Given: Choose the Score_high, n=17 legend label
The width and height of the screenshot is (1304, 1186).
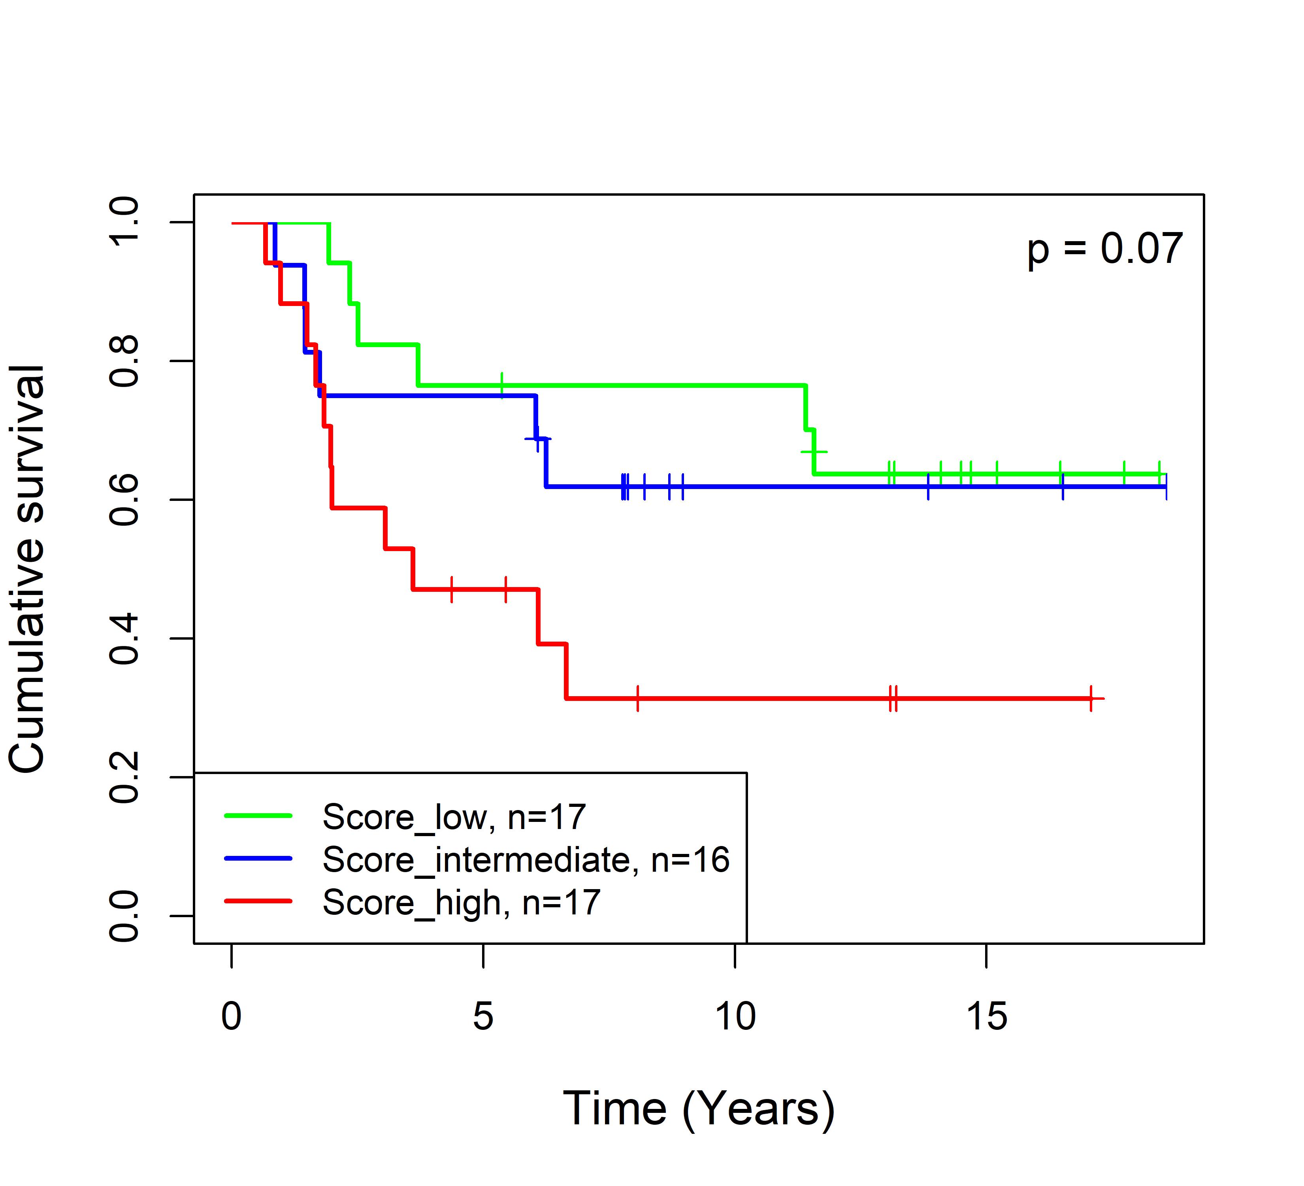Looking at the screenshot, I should tap(461, 902).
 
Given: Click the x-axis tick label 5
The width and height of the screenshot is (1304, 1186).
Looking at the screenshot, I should tap(483, 1016).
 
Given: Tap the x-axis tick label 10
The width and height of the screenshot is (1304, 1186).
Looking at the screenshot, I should tap(735, 1016).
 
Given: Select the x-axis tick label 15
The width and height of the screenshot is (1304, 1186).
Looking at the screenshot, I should tap(986, 1016).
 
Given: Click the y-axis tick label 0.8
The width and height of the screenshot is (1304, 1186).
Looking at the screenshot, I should tap(124, 361).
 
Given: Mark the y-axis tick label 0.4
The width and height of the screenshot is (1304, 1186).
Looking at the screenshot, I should tap(124, 638).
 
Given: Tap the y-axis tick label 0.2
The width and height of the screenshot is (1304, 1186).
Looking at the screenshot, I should tap(124, 777).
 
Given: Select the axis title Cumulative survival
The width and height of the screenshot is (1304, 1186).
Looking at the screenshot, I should tap(27, 569).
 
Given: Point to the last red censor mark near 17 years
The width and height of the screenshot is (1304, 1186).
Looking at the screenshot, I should tap(1091, 698).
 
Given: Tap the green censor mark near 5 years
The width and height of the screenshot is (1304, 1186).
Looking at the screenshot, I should tap(501, 385).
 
